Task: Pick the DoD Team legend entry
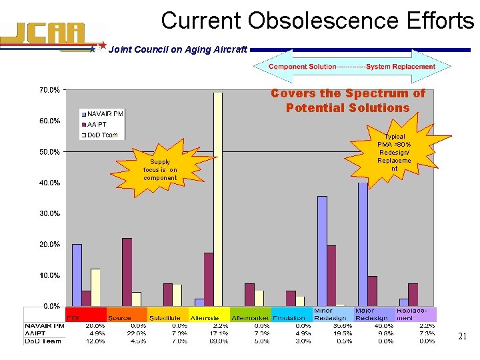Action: pyautogui.click(x=100, y=135)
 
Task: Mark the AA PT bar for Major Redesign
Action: pyautogui.click(x=373, y=291)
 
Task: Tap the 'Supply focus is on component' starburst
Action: pyautogui.click(x=160, y=170)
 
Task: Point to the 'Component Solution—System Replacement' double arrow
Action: pyautogui.click(x=352, y=67)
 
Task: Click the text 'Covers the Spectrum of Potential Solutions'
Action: pyautogui.click(x=347, y=101)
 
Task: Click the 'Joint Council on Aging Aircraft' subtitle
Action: pyautogui.click(x=177, y=49)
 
